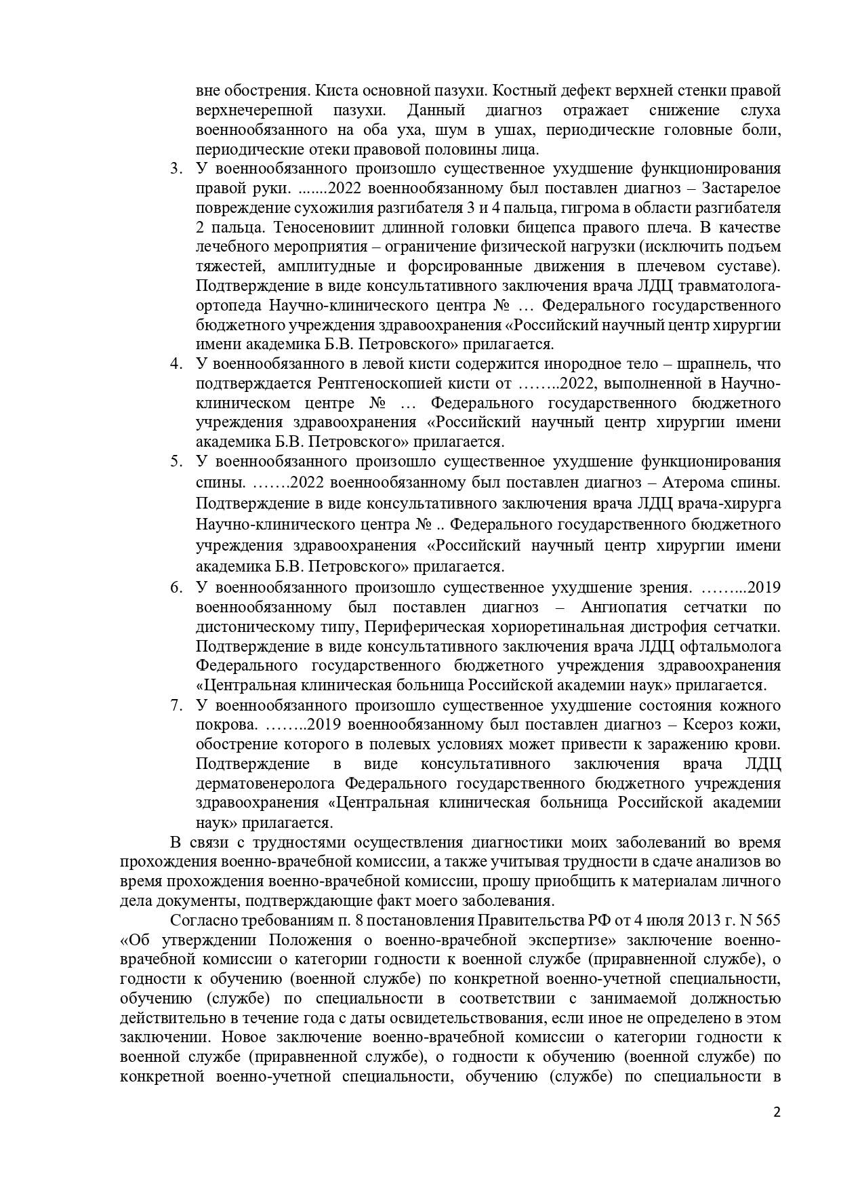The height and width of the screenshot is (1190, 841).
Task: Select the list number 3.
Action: pos(176,168)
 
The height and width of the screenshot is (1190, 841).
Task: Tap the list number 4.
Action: pos(176,364)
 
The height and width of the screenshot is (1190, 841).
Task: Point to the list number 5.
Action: pos(176,462)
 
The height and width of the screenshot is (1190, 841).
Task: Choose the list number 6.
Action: pos(176,587)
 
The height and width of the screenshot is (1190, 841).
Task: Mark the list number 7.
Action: pos(176,706)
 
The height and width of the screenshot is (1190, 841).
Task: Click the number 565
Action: pos(766,921)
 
